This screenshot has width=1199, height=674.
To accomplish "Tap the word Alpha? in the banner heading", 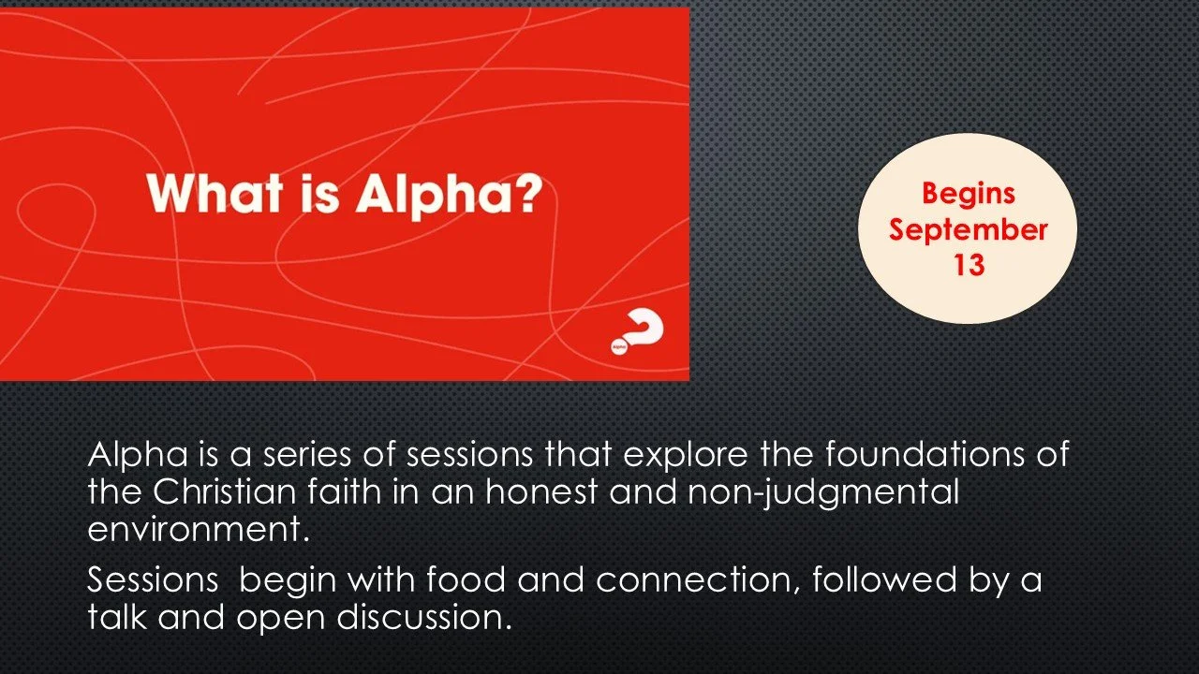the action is [x=449, y=196].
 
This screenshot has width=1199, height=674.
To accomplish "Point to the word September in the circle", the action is [x=968, y=231].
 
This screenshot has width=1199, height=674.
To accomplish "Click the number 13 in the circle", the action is [x=969, y=265].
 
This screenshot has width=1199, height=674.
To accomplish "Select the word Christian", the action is [x=224, y=491].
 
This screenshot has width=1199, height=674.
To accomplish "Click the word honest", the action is [x=541, y=491].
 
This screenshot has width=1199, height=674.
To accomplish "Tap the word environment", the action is [x=199, y=530].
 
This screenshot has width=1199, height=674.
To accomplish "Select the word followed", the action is [x=884, y=579].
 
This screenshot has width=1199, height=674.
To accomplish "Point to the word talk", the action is [x=117, y=617].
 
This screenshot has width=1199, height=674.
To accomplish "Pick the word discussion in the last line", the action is [x=421, y=617].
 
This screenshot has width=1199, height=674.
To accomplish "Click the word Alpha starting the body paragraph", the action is [x=138, y=456].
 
